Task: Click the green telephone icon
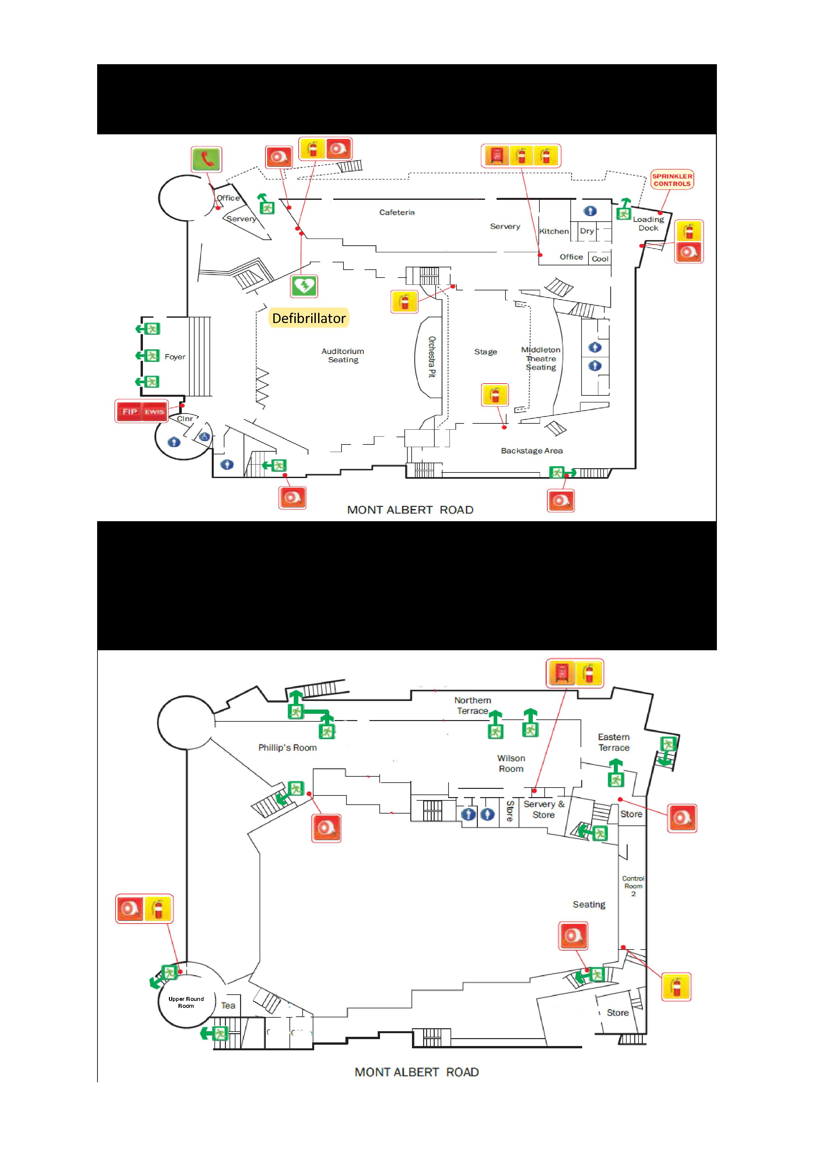tap(206, 159)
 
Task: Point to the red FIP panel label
tap(129, 412)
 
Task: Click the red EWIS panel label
tap(154, 412)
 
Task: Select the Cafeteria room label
tap(397, 212)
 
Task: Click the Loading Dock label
tap(648, 223)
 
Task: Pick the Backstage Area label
tap(532, 451)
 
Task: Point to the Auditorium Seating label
tap(343, 355)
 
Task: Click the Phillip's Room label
tap(287, 747)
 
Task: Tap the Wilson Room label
tap(511, 763)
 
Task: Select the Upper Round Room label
tap(186, 1002)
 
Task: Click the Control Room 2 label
tap(633, 886)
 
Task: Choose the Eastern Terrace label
tap(614, 742)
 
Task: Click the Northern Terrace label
tap(473, 705)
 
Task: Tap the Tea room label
tap(228, 1006)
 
